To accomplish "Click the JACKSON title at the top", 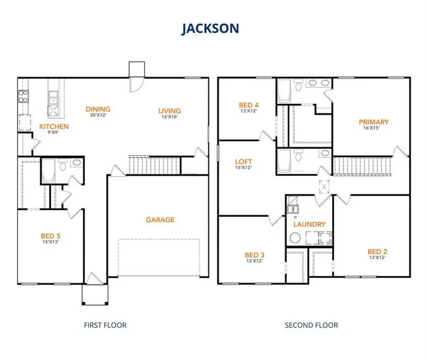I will pos(213,28).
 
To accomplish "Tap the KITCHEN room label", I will pos(54,127).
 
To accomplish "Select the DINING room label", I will pos(97,109).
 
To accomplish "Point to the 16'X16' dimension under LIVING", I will pos(169,118).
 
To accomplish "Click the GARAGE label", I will pos(160,220).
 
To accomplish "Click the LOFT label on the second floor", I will pos(244,162).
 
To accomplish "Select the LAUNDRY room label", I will pos(309,224).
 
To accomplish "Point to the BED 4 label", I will pos(249,104).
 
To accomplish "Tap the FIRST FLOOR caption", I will pos(104,325).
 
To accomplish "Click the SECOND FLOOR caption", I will pos(311,325).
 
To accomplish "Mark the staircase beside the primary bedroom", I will pos(361,166).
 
